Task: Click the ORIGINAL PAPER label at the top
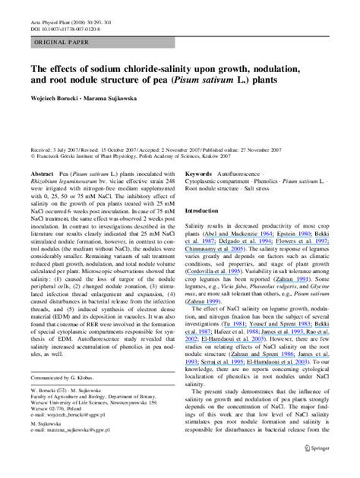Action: point(53,45)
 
